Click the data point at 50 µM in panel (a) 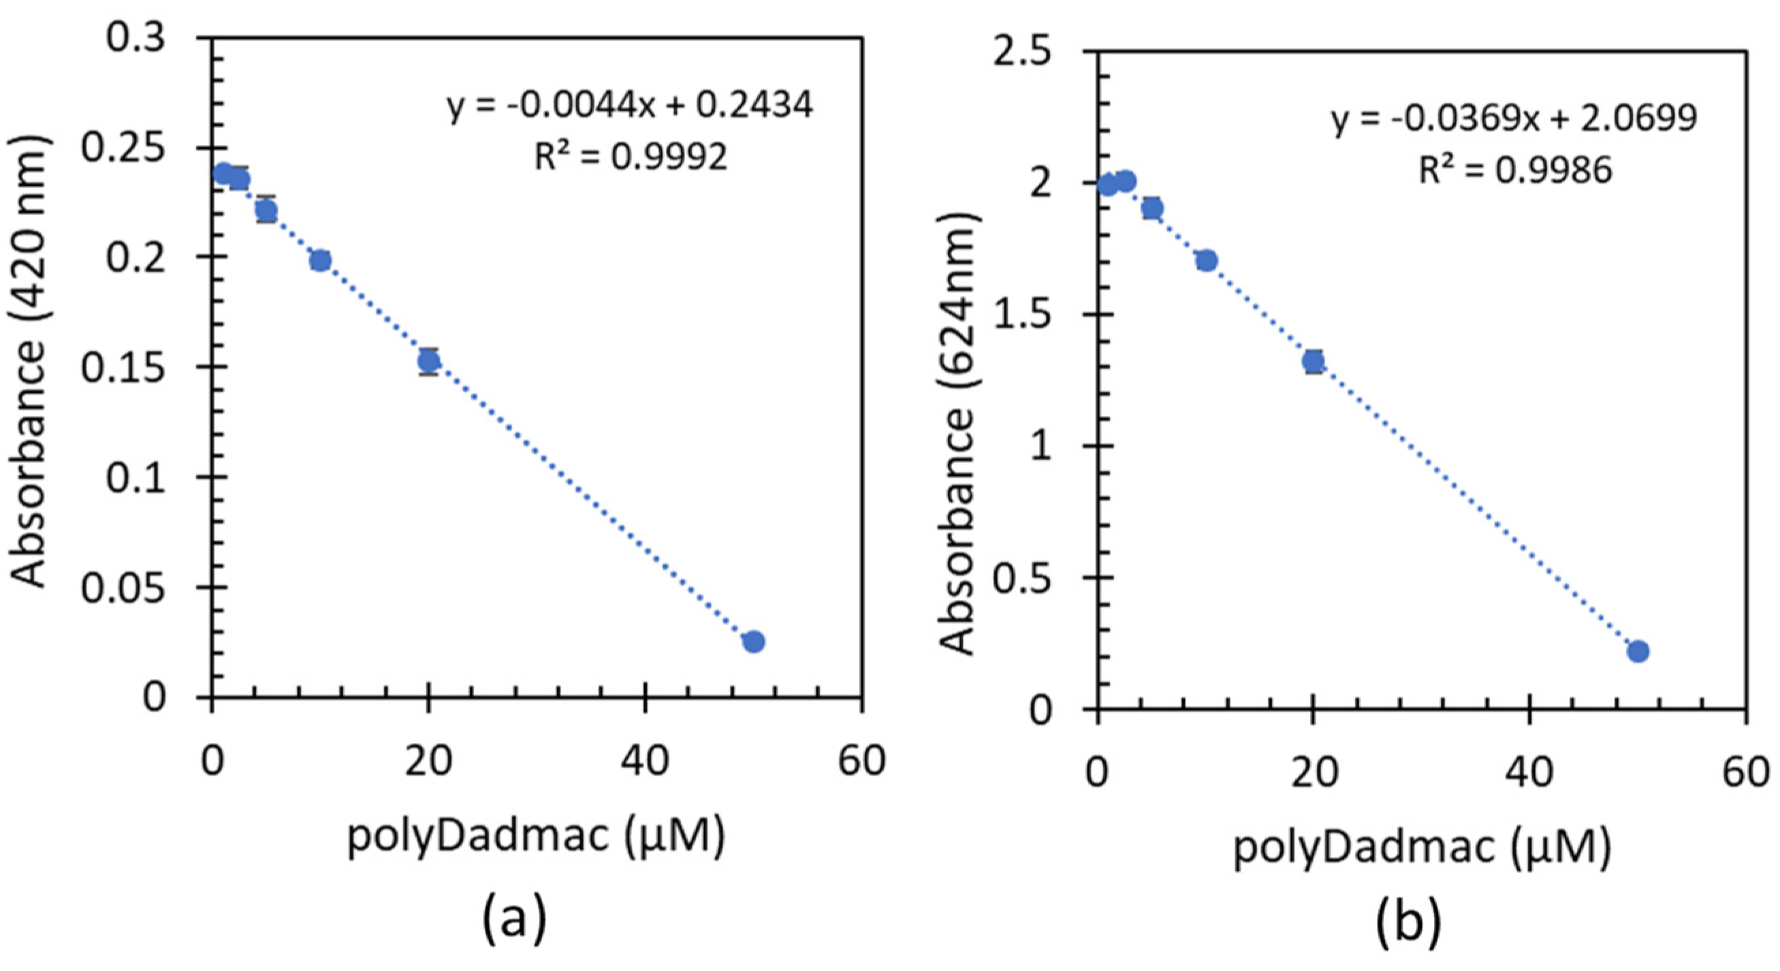754,641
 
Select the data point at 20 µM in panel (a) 429,361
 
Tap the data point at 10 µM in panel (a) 320,261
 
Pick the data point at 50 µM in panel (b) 1638,651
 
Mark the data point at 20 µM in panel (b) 1314,361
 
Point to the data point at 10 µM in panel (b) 1207,261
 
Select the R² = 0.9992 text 631,157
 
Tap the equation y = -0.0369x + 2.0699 1514,119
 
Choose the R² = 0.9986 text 1515,170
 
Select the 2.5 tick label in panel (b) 1021,53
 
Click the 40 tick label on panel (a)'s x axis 644,761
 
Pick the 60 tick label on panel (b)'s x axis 1745,772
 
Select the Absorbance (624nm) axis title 959,432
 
